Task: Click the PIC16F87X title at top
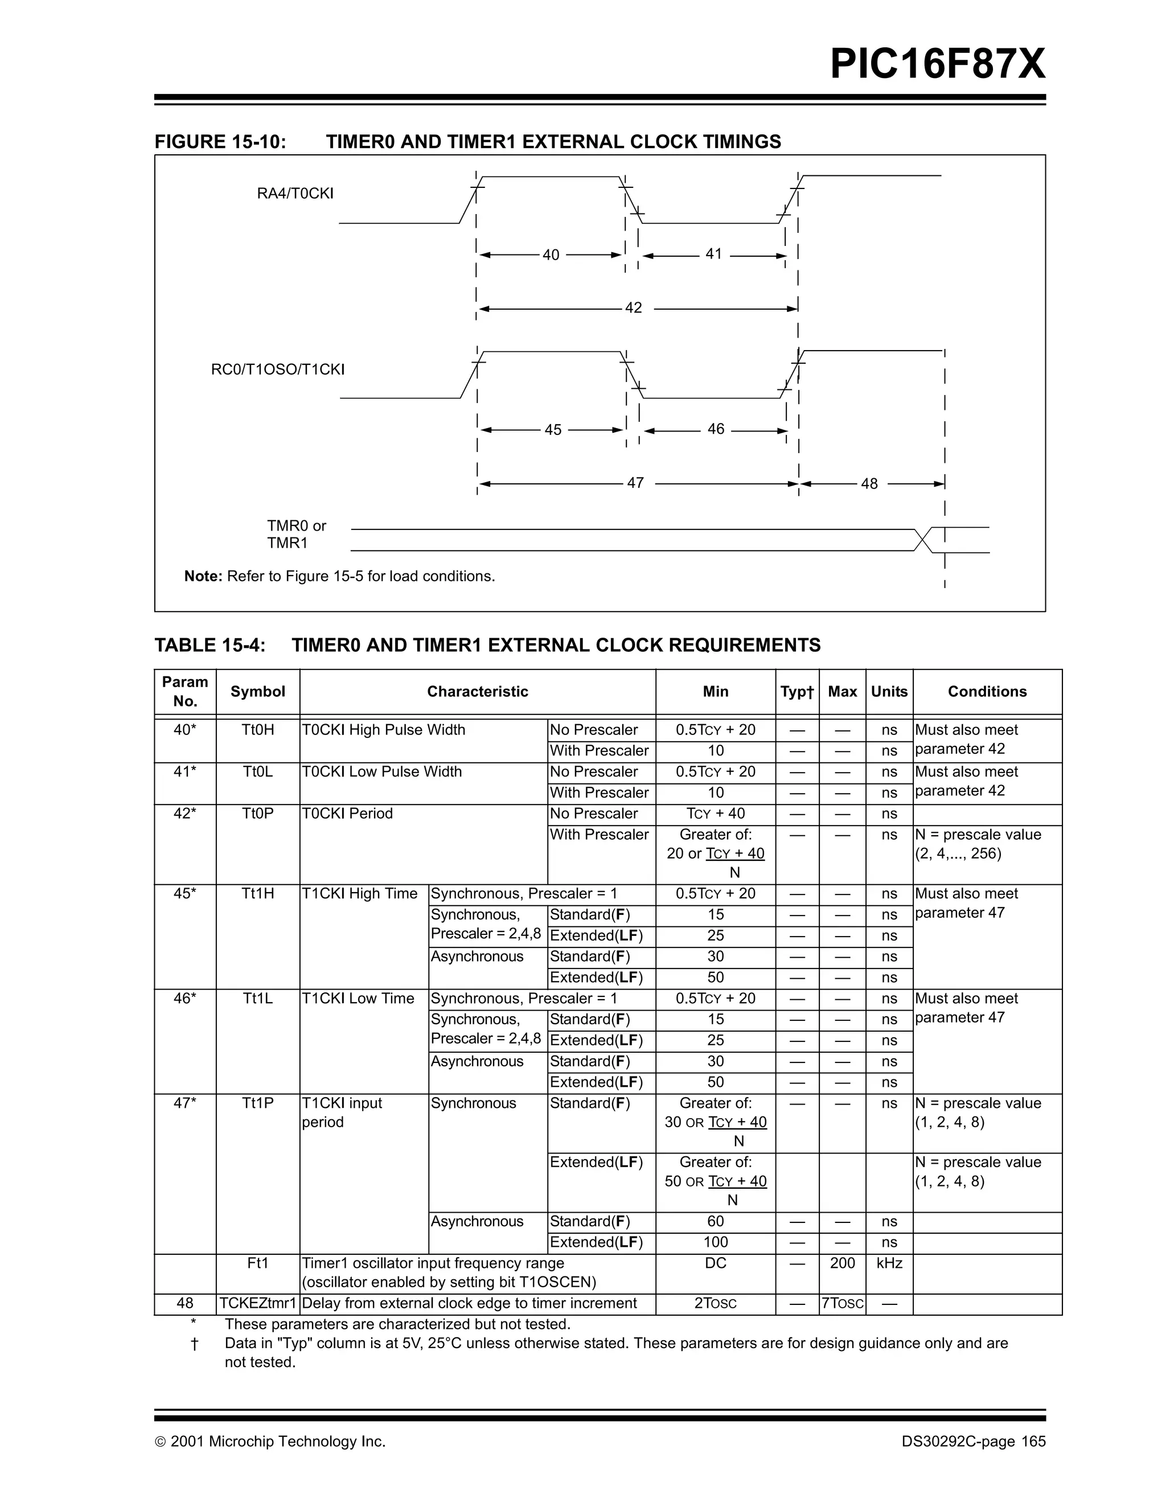pyautogui.click(x=937, y=65)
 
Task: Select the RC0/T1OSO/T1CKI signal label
pyautogui.click(x=277, y=369)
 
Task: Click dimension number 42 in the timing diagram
pyautogui.click(x=633, y=308)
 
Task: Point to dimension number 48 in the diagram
pyautogui.click(x=869, y=484)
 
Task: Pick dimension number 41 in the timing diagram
pyautogui.click(x=713, y=254)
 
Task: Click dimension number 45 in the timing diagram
pyautogui.click(x=553, y=430)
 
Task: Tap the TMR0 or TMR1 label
pyautogui.click(x=296, y=534)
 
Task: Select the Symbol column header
pyautogui.click(x=257, y=691)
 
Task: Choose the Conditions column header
pyautogui.click(x=987, y=691)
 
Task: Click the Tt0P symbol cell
pyautogui.click(x=257, y=814)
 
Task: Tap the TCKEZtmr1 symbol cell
pyautogui.click(x=257, y=1303)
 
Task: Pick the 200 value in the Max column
pyautogui.click(x=841, y=1263)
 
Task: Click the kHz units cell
pyautogui.click(x=889, y=1263)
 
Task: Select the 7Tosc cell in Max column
pyautogui.click(x=841, y=1303)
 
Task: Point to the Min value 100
pyautogui.click(x=716, y=1242)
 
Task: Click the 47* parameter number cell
pyautogui.click(x=185, y=1103)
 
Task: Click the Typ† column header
pyautogui.click(x=797, y=691)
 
